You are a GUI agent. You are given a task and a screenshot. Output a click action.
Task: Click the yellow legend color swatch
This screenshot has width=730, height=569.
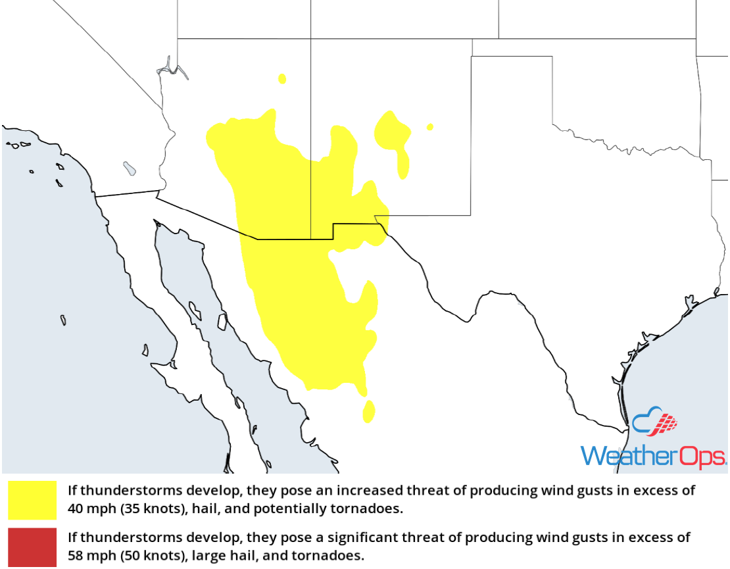click(32, 500)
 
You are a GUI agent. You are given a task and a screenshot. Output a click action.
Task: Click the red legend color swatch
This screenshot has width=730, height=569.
click(32, 547)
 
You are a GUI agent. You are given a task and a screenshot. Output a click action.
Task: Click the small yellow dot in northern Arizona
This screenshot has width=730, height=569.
click(282, 79)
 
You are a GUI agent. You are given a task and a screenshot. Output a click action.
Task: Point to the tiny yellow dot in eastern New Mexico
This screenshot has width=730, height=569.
click(430, 127)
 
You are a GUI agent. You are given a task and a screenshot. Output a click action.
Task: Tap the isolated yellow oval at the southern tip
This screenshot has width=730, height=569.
click(368, 411)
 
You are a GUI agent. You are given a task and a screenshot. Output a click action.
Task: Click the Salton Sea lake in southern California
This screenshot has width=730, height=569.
click(130, 169)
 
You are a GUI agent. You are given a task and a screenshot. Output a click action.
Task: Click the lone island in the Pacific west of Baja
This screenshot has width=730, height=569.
click(63, 320)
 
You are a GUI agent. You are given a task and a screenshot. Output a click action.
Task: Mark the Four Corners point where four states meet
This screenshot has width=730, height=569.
click(311, 39)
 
